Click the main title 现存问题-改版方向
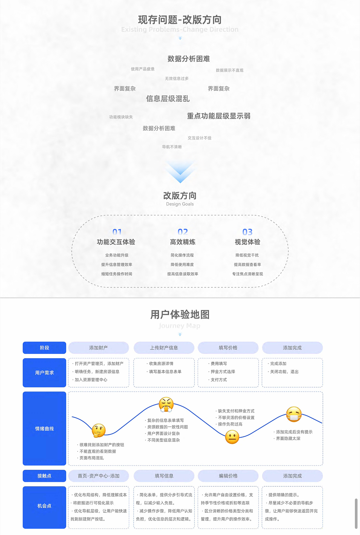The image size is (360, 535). [180, 20]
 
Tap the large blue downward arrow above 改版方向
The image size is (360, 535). [180, 172]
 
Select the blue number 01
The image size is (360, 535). [117, 232]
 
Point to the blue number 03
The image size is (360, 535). [247, 232]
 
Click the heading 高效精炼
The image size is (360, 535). [183, 242]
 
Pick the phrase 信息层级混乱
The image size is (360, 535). [168, 99]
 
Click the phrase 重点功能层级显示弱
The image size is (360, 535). [219, 116]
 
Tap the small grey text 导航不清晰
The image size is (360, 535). [172, 147]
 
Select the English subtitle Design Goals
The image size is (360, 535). [180, 204]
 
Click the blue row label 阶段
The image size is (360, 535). [44, 348]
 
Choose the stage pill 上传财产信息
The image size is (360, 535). [164, 348]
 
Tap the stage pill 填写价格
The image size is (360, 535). [228, 348]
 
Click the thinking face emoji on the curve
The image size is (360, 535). [99, 430]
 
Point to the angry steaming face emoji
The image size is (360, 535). [166, 405]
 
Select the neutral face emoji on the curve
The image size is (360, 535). [232, 437]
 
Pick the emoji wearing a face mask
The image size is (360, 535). [294, 414]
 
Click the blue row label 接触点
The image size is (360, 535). [44, 476]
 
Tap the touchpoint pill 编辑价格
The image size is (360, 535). [228, 476]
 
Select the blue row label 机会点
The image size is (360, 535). [44, 506]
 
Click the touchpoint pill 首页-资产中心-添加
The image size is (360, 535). [98, 476]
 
